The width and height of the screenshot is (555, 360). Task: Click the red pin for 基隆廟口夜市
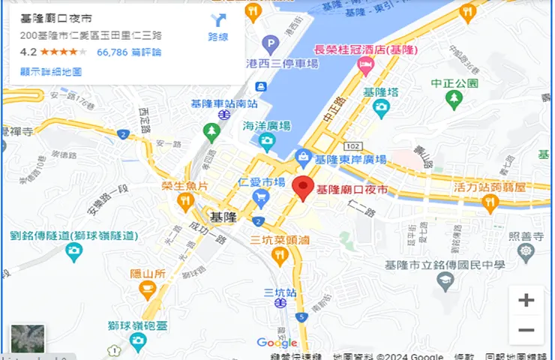tap(302, 187)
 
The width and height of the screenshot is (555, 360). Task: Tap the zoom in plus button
tap(526, 300)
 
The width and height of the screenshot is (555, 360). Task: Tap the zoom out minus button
tap(526, 330)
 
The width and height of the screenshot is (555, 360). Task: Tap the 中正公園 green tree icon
tap(453, 99)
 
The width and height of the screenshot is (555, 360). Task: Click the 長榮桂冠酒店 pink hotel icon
tap(365, 67)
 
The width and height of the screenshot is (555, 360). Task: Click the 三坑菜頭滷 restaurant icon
tap(280, 256)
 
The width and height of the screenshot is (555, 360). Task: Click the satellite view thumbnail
tap(28, 340)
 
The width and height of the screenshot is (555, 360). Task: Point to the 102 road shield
tap(354, 145)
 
